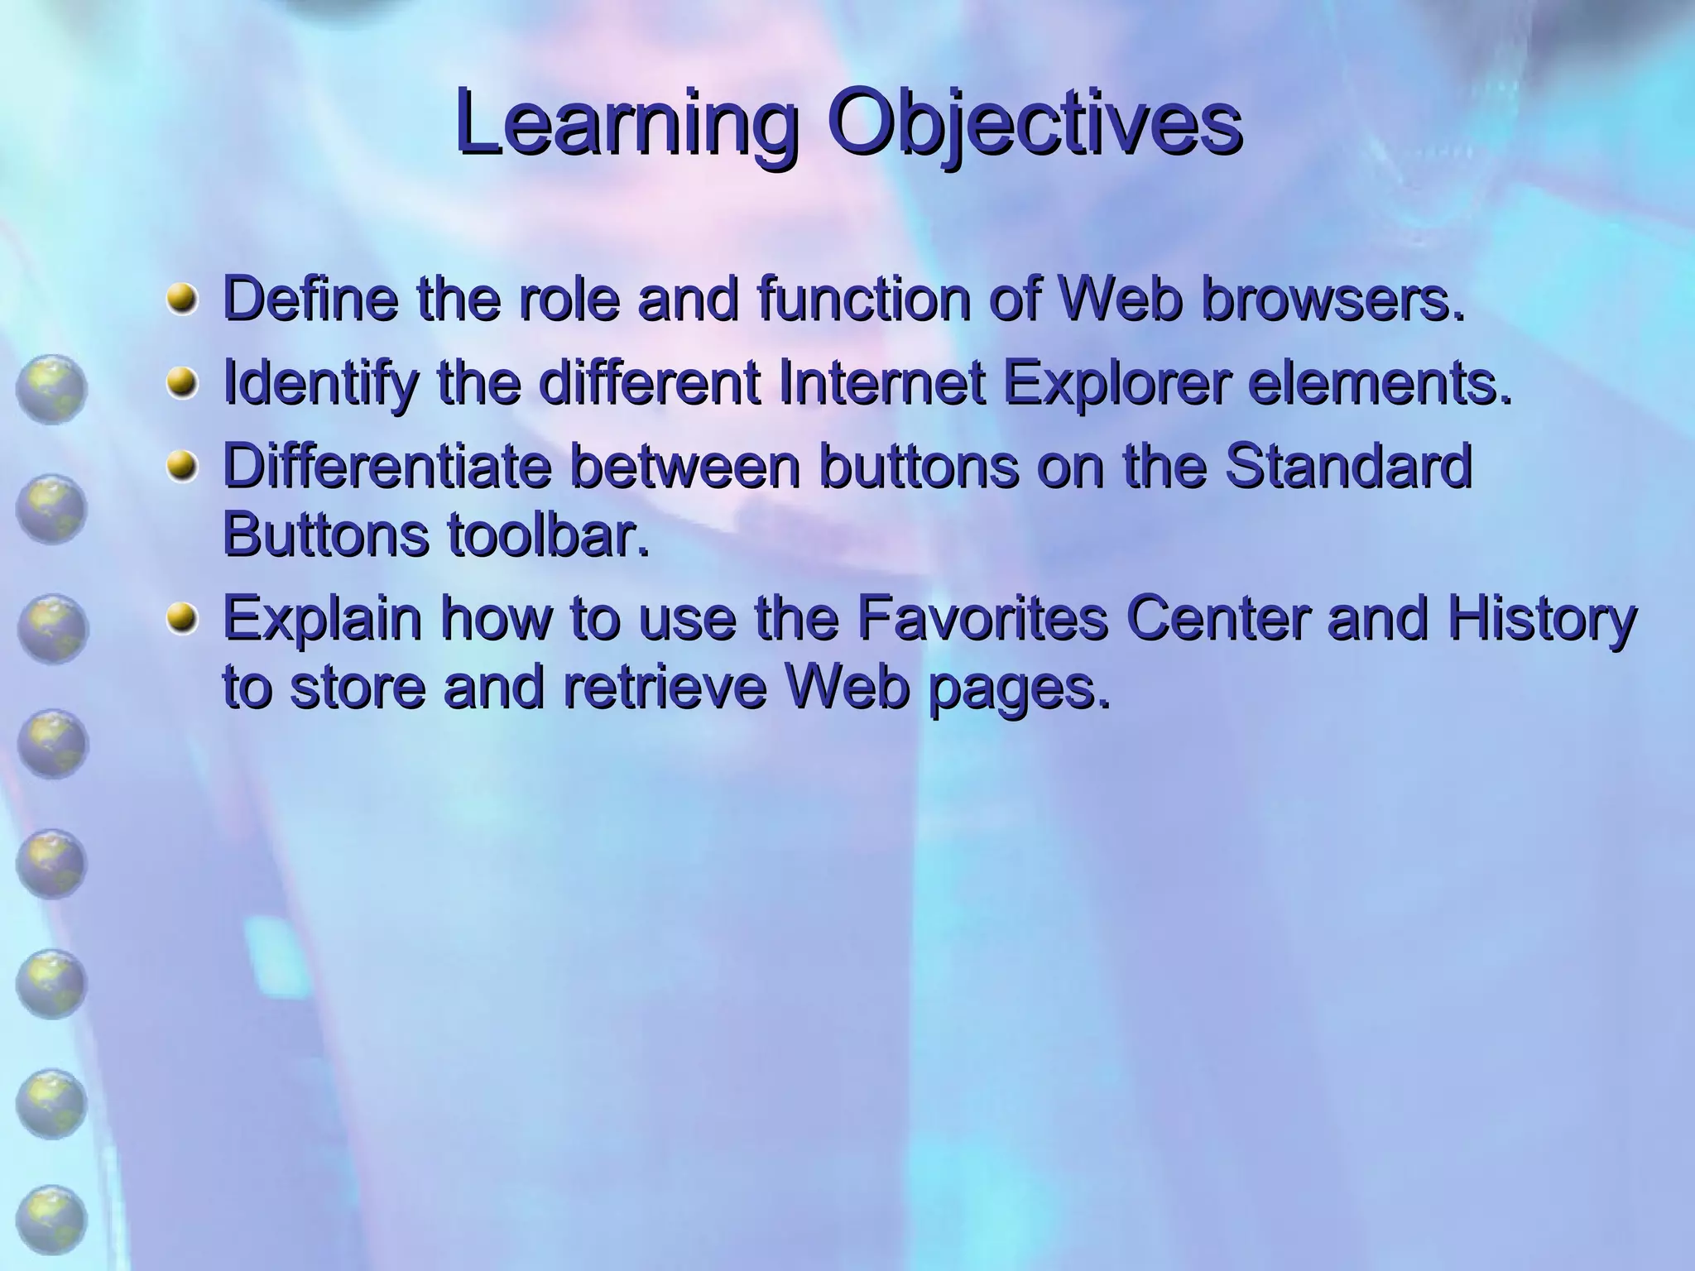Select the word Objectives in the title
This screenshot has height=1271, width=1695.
[1035, 124]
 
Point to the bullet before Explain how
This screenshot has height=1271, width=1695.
[181, 620]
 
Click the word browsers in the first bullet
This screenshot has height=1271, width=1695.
[1332, 299]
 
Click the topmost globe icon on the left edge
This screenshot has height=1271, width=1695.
[50, 389]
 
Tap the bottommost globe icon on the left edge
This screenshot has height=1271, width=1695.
[50, 1220]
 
